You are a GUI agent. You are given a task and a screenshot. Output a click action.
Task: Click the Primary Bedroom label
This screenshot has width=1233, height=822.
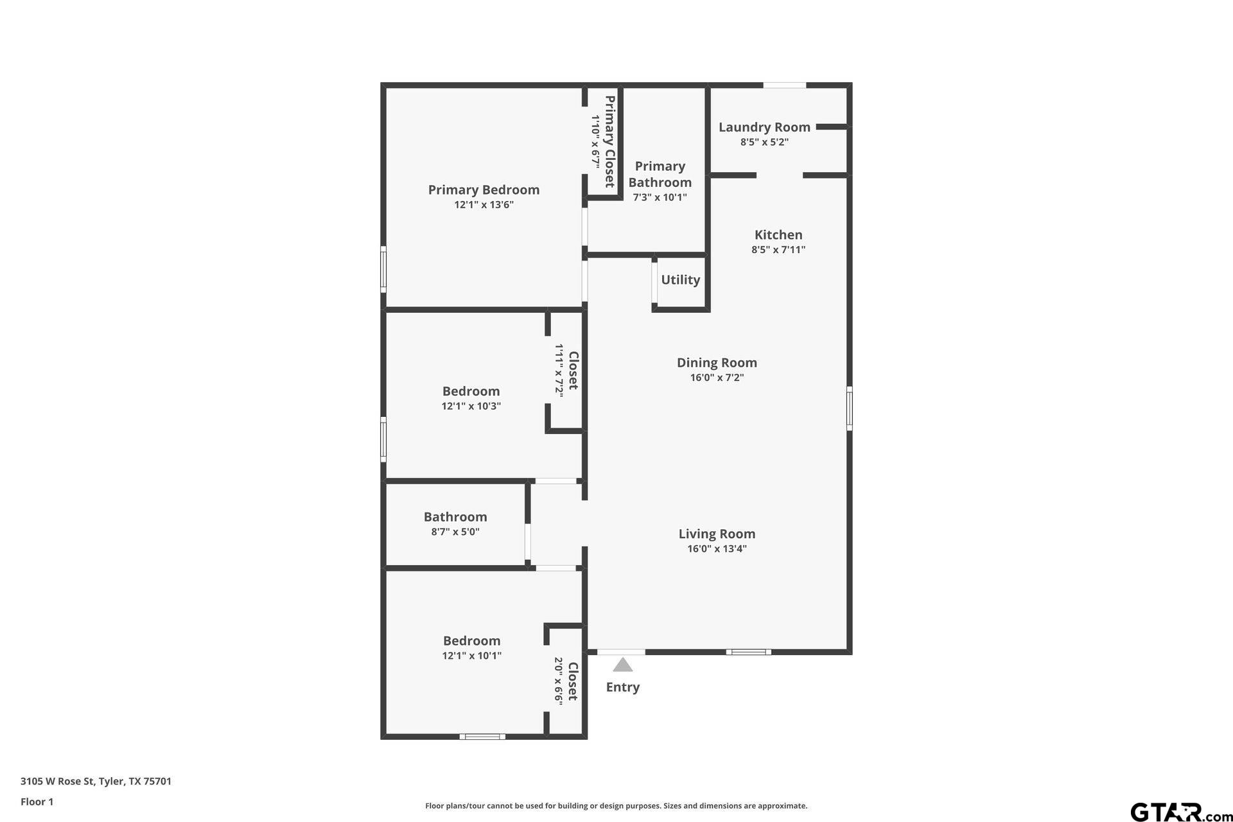coord(484,189)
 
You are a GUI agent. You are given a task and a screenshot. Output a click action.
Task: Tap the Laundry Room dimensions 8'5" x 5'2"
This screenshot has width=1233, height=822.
coord(764,142)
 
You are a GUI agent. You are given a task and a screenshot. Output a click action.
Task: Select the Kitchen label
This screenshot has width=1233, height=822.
coord(778,235)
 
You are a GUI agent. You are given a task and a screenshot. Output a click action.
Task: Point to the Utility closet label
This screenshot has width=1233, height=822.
coord(680,280)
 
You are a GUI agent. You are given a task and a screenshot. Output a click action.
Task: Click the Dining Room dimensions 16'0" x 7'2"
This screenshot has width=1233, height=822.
coord(717,378)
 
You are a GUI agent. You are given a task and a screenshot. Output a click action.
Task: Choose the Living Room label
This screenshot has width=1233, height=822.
coord(717,534)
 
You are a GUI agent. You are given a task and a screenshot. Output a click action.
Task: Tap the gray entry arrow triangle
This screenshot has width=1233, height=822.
coord(622,665)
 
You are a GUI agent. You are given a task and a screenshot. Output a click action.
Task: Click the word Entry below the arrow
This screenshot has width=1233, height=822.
coord(622,687)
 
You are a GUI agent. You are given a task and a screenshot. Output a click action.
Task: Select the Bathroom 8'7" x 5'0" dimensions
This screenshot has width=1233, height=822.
coord(455,532)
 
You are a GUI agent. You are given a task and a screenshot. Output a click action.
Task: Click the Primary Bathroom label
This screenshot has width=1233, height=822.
coord(660,174)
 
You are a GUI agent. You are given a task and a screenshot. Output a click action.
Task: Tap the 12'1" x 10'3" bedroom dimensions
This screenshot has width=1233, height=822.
coord(471,406)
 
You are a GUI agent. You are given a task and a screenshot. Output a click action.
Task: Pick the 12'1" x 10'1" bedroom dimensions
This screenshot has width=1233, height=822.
coord(471,656)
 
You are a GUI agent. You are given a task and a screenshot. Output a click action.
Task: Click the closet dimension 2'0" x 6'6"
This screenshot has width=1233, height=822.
coord(559,681)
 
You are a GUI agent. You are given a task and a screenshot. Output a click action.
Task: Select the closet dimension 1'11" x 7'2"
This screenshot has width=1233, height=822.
coord(559,370)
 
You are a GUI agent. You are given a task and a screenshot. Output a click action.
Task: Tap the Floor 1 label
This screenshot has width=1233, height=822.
coord(37,801)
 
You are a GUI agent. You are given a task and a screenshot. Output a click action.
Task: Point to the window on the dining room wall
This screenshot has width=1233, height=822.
coord(849,408)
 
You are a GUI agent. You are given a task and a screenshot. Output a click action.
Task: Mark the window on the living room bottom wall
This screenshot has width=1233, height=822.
coord(748,652)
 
